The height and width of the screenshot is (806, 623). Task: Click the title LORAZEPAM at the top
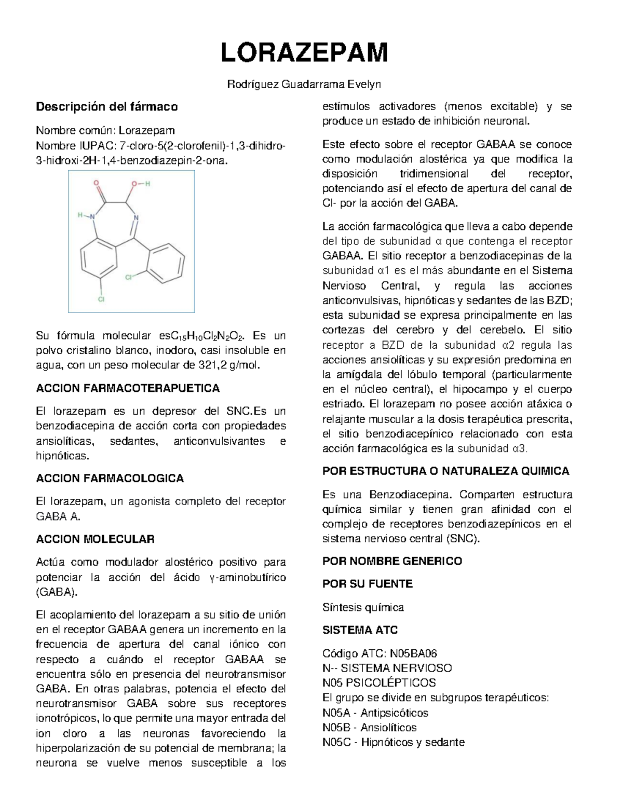(305, 53)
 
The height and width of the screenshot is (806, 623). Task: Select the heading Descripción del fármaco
(106, 107)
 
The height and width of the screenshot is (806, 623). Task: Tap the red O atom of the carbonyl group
(97, 183)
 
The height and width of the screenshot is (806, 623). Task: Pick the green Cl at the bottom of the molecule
(102, 299)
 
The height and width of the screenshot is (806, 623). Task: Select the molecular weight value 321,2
(214, 365)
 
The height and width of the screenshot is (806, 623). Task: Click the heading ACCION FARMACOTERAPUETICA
(128, 388)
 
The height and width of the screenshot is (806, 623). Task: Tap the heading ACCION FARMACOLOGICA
(110, 479)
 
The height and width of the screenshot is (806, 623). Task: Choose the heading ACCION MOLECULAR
(95, 539)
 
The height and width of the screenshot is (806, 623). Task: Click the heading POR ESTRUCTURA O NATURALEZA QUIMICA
(446, 471)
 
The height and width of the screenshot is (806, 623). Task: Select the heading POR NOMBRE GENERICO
(392, 561)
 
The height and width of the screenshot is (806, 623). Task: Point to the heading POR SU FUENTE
(368, 584)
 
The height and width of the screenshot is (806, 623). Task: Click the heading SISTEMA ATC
(360, 630)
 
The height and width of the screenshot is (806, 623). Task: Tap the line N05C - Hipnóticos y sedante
(393, 742)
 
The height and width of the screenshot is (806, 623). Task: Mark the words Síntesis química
(363, 607)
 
